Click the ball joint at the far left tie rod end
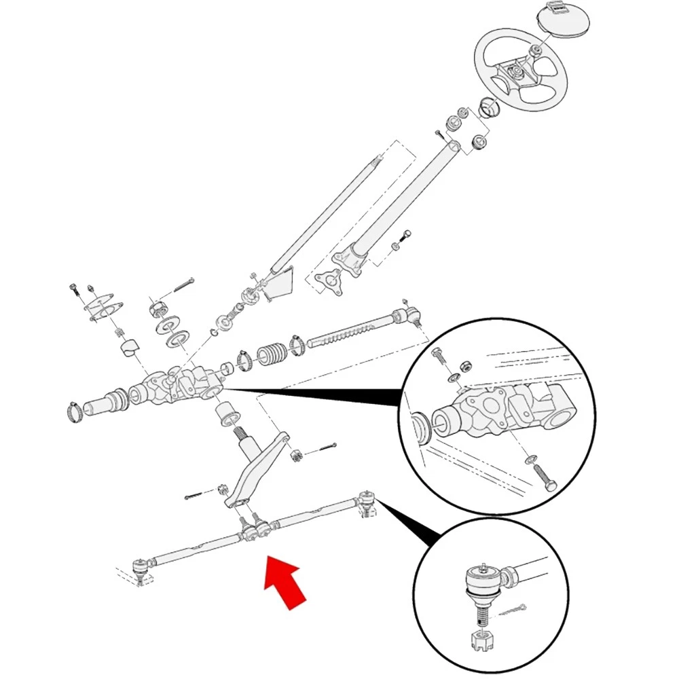[x=141, y=568]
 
